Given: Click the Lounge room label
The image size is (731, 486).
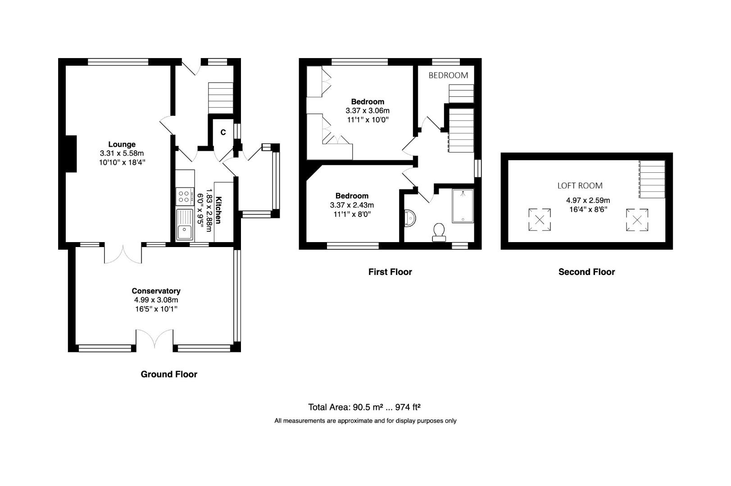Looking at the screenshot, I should [x=122, y=144].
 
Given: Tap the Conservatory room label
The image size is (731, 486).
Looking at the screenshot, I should [x=156, y=291].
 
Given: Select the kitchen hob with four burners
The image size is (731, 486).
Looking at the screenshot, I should [x=184, y=196].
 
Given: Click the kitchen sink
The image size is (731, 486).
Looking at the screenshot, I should [x=185, y=225].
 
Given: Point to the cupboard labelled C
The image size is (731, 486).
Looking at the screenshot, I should [x=223, y=132].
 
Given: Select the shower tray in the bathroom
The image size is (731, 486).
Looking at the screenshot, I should [x=463, y=206].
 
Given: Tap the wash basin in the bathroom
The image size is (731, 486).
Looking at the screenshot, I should [x=410, y=218].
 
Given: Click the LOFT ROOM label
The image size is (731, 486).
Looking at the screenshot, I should [x=580, y=185].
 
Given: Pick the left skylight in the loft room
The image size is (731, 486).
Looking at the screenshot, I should [x=540, y=220].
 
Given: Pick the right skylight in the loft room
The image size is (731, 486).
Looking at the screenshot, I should [x=637, y=220].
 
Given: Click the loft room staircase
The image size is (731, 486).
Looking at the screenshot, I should [x=652, y=179].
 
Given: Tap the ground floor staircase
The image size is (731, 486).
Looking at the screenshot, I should [x=221, y=98].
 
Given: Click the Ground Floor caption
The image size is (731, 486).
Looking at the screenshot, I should [x=169, y=374].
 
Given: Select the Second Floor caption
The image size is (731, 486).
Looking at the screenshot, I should [x=586, y=272].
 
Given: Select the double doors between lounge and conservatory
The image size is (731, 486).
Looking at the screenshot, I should [x=123, y=254].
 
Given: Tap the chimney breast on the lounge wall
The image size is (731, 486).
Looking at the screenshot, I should [x=71, y=154].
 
